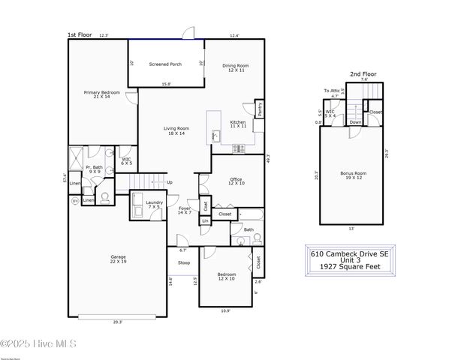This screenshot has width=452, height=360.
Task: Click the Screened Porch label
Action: [165, 64]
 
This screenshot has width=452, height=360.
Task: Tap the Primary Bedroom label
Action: [101, 94]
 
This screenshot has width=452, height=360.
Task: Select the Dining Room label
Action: [235, 67]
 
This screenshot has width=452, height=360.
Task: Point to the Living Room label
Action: [176, 130]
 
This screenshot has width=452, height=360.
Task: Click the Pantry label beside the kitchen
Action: [260, 109]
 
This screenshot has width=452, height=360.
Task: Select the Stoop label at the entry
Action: [183, 262]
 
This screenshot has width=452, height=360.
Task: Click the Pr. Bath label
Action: [94, 169]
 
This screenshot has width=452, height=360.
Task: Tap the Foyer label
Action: [185, 210]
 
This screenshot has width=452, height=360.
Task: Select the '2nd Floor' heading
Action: [364, 73]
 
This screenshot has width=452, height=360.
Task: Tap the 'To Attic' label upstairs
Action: [332, 91]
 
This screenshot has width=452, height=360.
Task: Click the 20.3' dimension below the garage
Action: [118, 322]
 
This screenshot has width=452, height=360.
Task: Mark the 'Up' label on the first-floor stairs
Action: [169, 182]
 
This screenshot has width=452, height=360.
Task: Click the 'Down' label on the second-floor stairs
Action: [355, 122]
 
